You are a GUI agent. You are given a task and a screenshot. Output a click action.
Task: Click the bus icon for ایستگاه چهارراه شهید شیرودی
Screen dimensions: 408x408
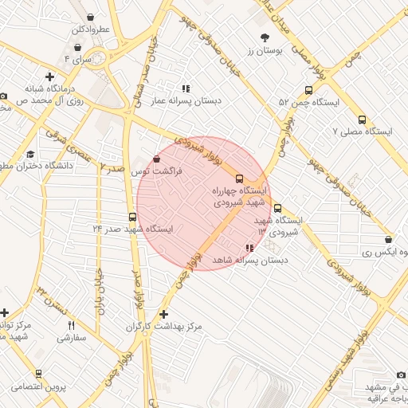pyautogui.click(x=240, y=178)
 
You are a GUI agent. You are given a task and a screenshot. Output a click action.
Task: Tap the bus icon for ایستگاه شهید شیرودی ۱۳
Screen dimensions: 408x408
pyautogui.click(x=277, y=209)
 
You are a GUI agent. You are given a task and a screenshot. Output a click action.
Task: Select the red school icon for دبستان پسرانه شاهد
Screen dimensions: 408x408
pyautogui.click(x=250, y=248)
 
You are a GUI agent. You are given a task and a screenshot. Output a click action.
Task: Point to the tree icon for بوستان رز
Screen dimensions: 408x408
pyautogui.click(x=265, y=37)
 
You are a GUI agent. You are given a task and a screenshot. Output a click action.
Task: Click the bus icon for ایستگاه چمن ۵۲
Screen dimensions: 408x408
pyautogui.click(x=308, y=90)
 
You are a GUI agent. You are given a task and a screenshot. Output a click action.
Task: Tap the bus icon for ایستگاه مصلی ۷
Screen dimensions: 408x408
pyautogui.click(x=362, y=120)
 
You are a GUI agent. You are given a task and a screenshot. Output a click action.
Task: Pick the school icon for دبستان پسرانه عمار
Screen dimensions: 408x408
pyautogui.click(x=186, y=89)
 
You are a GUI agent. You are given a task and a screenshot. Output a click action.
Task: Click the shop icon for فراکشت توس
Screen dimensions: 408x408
pyautogui.click(x=155, y=159)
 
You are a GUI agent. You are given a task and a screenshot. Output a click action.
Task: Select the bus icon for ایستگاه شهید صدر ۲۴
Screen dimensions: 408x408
pyautogui.click(x=132, y=217)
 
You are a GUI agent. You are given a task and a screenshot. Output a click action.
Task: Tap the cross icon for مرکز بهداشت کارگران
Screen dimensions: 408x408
pyautogui.click(x=164, y=315)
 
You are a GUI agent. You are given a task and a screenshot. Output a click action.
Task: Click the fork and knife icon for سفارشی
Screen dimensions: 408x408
pyautogui.click(x=71, y=325)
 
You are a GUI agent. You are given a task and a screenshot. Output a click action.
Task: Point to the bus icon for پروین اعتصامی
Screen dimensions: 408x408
pyautogui.click(x=38, y=374)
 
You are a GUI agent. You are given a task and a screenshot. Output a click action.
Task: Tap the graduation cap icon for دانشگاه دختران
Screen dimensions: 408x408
pyautogui.click(x=30, y=154)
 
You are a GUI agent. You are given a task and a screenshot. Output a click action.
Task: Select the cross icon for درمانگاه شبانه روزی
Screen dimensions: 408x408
pyautogui.click(x=49, y=77)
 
